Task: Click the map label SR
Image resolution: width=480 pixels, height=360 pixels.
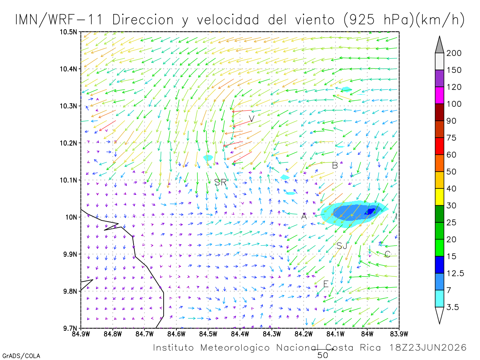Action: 220,182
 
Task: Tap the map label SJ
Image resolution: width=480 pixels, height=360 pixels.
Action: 341,246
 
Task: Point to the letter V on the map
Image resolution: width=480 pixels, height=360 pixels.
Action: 252,119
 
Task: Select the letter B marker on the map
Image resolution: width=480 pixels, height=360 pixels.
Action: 335,166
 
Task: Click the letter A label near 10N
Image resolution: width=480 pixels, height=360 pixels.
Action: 304,216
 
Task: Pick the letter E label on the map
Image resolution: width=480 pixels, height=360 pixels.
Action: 326,284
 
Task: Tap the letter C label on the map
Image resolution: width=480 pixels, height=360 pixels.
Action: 387,254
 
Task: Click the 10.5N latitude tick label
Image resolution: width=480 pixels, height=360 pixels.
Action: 68,32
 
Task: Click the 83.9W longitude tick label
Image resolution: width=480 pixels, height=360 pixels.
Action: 399,334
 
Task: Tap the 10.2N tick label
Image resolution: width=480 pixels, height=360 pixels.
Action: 68,143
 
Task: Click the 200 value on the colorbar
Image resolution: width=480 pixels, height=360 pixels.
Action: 454,53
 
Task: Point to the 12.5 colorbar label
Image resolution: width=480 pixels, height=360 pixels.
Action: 455,274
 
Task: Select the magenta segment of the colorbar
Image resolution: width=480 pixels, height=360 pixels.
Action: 439,95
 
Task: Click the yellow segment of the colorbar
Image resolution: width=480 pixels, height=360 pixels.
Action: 439,197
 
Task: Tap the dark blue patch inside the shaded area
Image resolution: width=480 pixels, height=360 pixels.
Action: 370,212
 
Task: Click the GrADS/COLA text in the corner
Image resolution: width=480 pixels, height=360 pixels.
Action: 21,356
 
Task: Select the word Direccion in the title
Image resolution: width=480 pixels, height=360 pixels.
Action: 143,20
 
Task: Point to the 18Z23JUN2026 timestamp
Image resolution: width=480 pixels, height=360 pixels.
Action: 428,348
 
